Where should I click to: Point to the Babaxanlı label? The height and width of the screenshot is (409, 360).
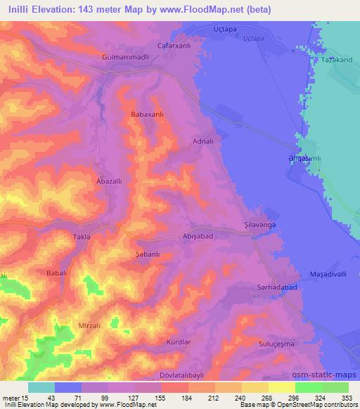(148, 113)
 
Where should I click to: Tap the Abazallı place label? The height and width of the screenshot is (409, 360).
(109, 181)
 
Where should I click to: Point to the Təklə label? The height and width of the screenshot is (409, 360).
(83, 237)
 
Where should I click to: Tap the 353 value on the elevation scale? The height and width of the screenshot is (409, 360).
(347, 398)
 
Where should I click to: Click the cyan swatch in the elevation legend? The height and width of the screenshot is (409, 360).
(41, 387)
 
